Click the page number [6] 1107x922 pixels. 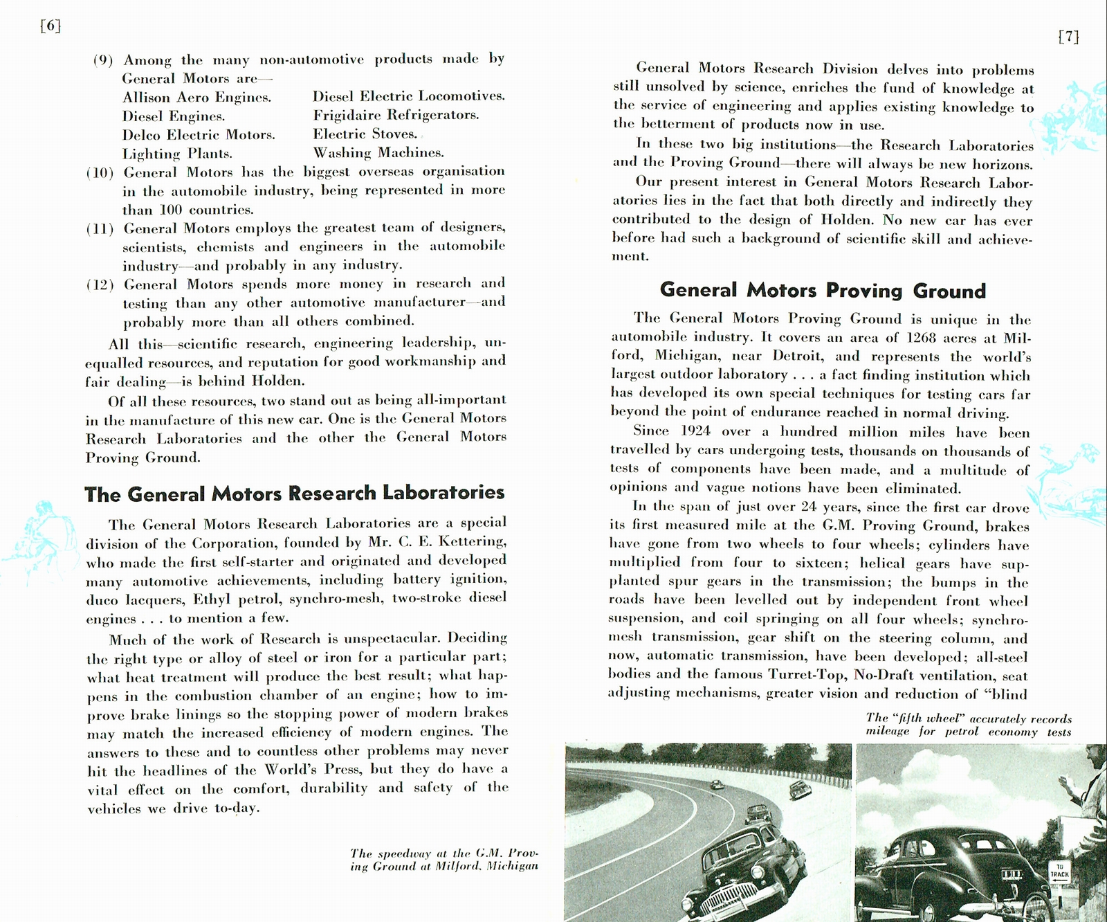(51, 26)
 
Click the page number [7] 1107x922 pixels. (1068, 37)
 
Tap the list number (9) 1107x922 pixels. (103, 60)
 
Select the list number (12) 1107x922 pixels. (100, 284)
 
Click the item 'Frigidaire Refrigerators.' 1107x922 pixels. (396, 115)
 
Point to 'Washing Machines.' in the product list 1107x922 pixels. (378, 152)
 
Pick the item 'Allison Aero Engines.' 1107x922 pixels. (196, 98)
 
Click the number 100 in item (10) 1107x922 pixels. (170, 210)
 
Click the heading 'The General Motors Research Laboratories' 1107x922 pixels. (294, 494)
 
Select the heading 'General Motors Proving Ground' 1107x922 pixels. (822, 290)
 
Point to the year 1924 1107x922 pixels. (695, 431)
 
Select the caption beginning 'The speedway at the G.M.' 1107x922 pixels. (443, 860)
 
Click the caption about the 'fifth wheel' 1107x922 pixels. (968, 725)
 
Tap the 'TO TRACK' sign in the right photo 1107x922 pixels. (1059, 871)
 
